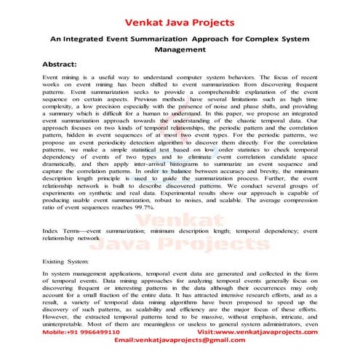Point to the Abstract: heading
(x=64, y=64)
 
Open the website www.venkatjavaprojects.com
(x=265, y=331)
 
